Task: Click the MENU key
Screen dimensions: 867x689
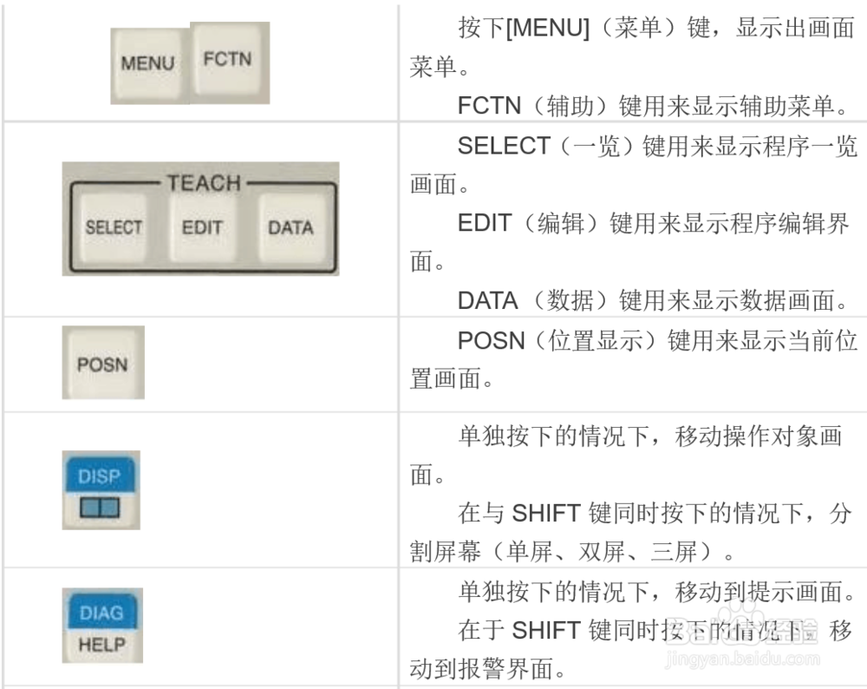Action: pyautogui.click(x=147, y=64)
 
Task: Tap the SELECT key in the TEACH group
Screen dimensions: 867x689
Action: pyautogui.click(x=114, y=228)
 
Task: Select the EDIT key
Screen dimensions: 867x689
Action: pyautogui.click(x=202, y=228)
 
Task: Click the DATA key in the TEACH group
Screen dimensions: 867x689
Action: pyautogui.click(x=290, y=228)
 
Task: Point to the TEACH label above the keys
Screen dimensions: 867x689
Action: pyautogui.click(x=203, y=182)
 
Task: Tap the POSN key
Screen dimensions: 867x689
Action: pyautogui.click(x=102, y=364)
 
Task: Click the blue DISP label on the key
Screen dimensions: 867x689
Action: pyautogui.click(x=101, y=476)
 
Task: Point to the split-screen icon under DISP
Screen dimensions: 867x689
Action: pyautogui.click(x=101, y=507)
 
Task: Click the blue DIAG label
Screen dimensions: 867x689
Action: pyautogui.click(x=101, y=613)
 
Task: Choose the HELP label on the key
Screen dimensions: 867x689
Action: pyautogui.click(x=101, y=645)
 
